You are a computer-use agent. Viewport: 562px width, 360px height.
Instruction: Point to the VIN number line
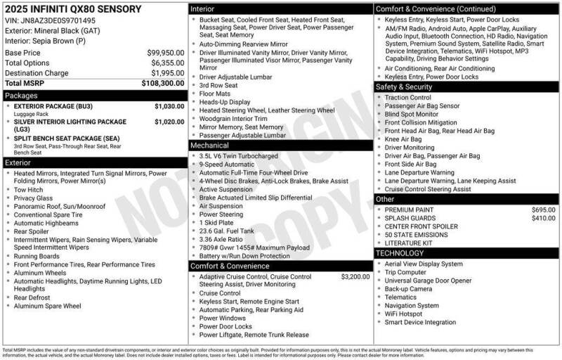(50, 21)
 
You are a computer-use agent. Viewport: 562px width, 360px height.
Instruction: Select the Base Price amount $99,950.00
(165, 53)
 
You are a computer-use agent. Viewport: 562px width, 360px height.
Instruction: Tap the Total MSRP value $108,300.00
(163, 83)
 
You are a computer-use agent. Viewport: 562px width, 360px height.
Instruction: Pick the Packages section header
(21, 95)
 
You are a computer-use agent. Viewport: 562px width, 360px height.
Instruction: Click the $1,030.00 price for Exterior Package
(169, 106)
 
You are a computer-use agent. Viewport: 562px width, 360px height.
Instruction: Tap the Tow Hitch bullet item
(28, 190)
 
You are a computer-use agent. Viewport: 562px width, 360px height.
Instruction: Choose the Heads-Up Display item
(225, 102)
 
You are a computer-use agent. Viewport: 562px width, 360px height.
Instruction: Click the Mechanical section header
(210, 146)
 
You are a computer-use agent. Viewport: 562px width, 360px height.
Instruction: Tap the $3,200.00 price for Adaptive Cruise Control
(355, 277)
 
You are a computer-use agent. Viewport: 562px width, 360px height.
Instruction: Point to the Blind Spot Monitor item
(412, 115)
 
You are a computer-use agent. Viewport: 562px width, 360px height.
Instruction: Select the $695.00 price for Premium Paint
(543, 210)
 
